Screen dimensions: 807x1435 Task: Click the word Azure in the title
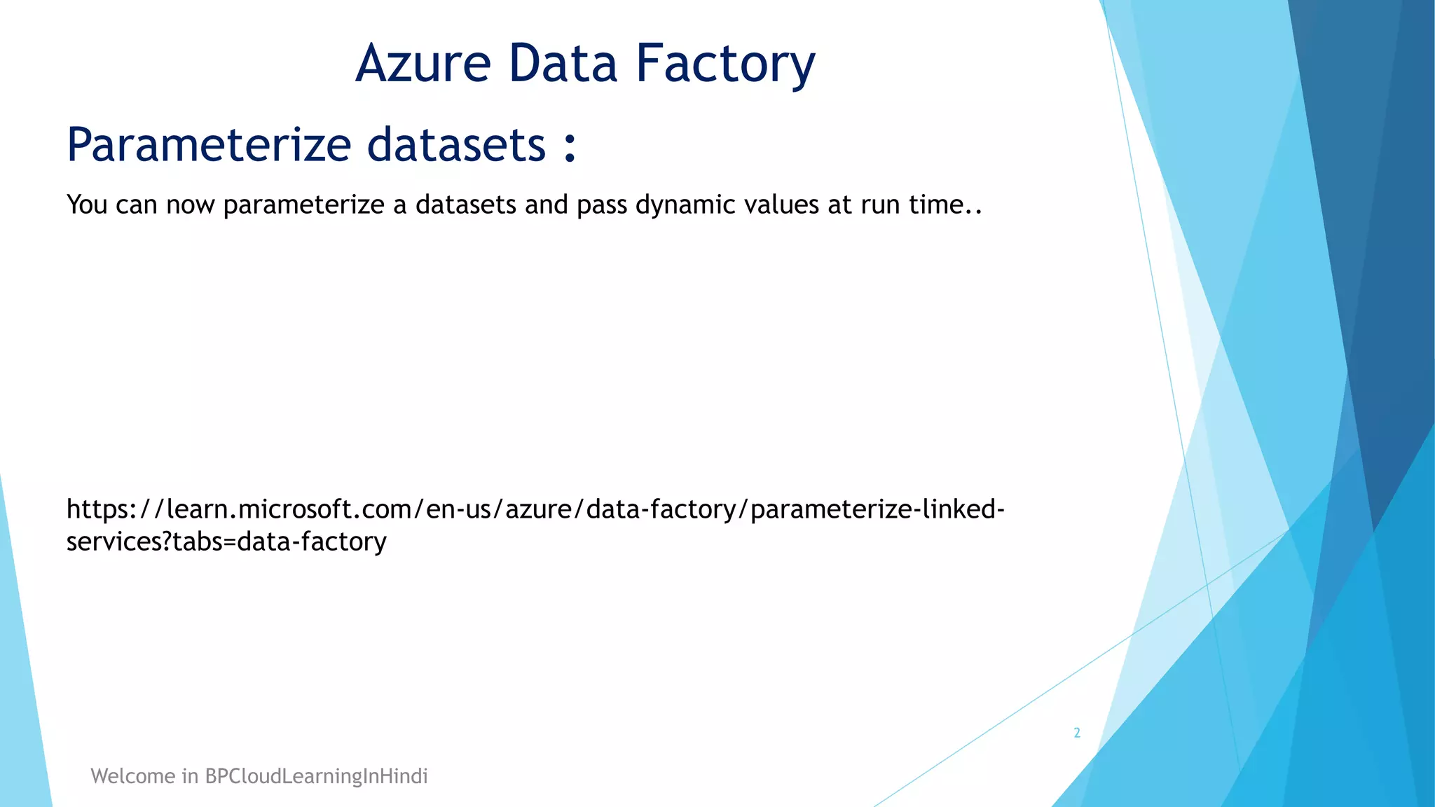423,64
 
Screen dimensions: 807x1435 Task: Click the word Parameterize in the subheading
209,145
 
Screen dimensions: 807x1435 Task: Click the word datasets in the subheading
456,145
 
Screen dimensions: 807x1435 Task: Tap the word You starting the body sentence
87,205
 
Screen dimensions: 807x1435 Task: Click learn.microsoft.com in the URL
288,509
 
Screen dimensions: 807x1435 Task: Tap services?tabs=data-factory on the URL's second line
226,542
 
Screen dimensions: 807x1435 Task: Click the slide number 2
1077,733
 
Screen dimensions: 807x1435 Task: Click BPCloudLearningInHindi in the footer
316,776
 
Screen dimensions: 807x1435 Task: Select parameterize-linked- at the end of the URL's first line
877,509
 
